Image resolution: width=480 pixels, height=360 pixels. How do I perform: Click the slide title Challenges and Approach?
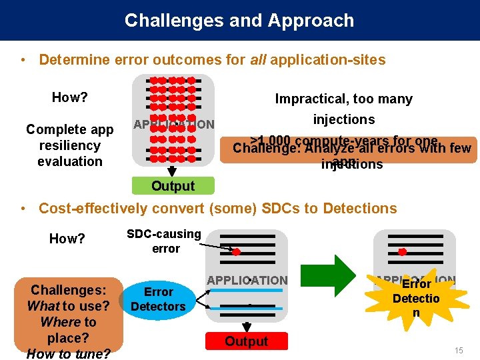pyautogui.click(x=239, y=21)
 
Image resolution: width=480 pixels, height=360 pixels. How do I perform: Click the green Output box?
pyautogui.click(x=173, y=186)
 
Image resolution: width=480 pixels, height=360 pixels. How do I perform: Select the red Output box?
pyautogui.click(x=246, y=341)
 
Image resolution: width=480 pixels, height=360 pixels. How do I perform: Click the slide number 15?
pyautogui.click(x=458, y=350)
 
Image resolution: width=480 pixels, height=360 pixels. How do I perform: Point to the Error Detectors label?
pyautogui.click(x=158, y=299)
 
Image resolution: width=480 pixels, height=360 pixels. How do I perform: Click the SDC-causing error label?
pyautogui.click(x=165, y=241)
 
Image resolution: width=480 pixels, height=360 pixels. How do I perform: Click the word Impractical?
pyautogui.click(x=309, y=99)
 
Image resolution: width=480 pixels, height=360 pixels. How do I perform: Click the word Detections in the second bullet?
pyautogui.click(x=360, y=209)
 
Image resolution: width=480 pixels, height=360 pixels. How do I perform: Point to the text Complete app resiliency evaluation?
pyautogui.click(x=70, y=145)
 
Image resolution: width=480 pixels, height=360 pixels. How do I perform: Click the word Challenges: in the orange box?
pyautogui.click(x=69, y=291)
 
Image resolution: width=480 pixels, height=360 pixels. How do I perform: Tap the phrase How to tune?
pyautogui.click(x=69, y=353)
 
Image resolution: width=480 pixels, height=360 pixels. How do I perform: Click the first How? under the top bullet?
pyautogui.click(x=70, y=97)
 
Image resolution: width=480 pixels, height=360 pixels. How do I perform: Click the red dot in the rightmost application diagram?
pyautogui.click(x=402, y=251)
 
